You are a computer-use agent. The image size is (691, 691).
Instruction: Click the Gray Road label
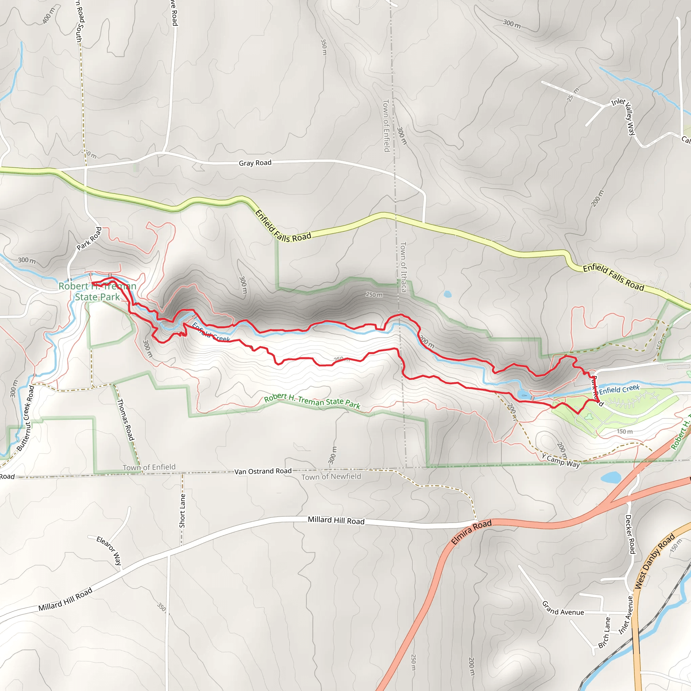coord(255,163)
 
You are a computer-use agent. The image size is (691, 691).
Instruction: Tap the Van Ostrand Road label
coord(263,471)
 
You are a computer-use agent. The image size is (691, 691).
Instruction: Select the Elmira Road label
coord(471,532)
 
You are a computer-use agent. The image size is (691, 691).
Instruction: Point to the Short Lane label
coord(183,511)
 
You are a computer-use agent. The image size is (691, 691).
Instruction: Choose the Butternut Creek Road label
coord(25,418)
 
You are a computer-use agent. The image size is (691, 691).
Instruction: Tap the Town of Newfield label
coord(331,477)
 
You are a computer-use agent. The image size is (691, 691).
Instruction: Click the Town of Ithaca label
coord(403,267)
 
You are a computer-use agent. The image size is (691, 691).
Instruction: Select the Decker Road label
coord(630,534)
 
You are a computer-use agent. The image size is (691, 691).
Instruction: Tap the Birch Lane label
coord(604,632)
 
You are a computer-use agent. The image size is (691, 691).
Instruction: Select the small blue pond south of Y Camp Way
coord(611,477)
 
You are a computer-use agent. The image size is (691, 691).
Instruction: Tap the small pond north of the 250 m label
coord(447,294)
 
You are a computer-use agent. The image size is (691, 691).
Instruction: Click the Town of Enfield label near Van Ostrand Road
coord(149,467)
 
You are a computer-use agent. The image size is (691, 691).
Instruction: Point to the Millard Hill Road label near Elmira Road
coord(336,520)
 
